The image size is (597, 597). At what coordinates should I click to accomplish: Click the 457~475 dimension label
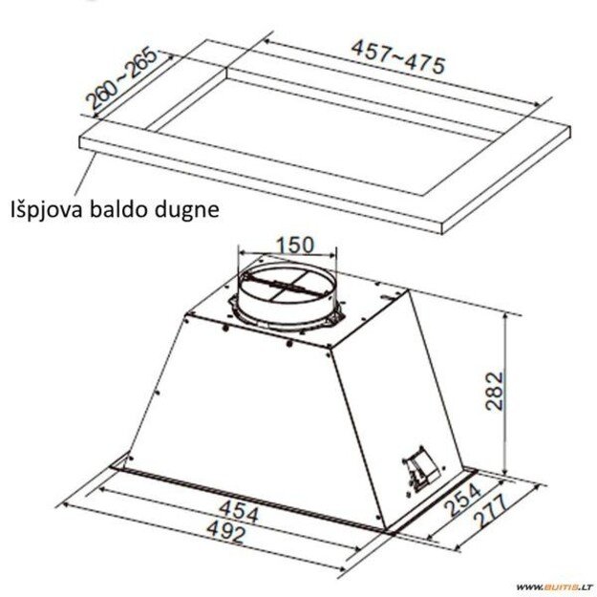pyautogui.click(x=398, y=56)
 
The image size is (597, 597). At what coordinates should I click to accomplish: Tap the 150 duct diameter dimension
pyautogui.click(x=293, y=245)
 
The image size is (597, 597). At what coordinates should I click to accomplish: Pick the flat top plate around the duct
pyautogui.click(x=363, y=315)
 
